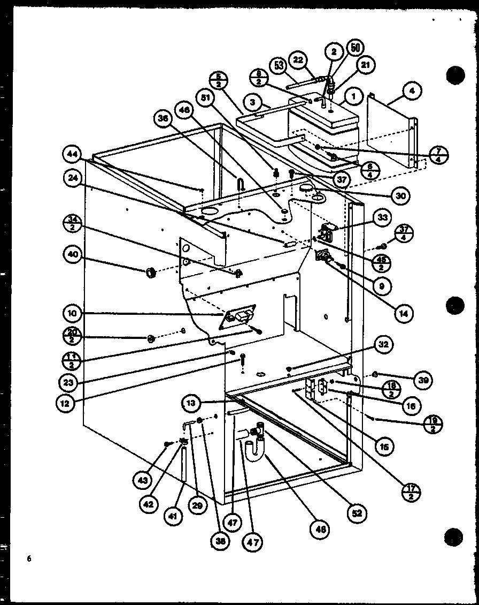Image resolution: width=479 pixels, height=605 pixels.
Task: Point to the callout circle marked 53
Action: [278, 65]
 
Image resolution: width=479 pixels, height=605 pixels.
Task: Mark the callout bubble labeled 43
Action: [142, 481]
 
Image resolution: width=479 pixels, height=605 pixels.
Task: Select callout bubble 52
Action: [357, 513]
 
